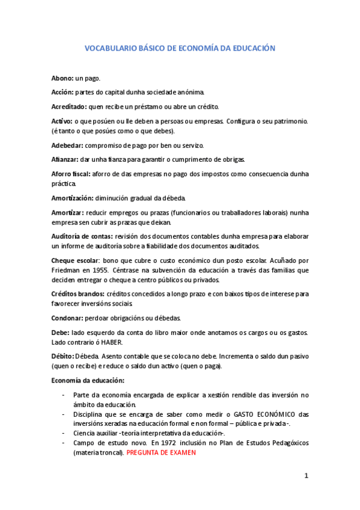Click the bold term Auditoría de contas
[82, 236]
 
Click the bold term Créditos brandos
[78, 294]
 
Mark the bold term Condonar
[67, 318]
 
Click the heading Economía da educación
[88, 381]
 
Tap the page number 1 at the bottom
[307, 476]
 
